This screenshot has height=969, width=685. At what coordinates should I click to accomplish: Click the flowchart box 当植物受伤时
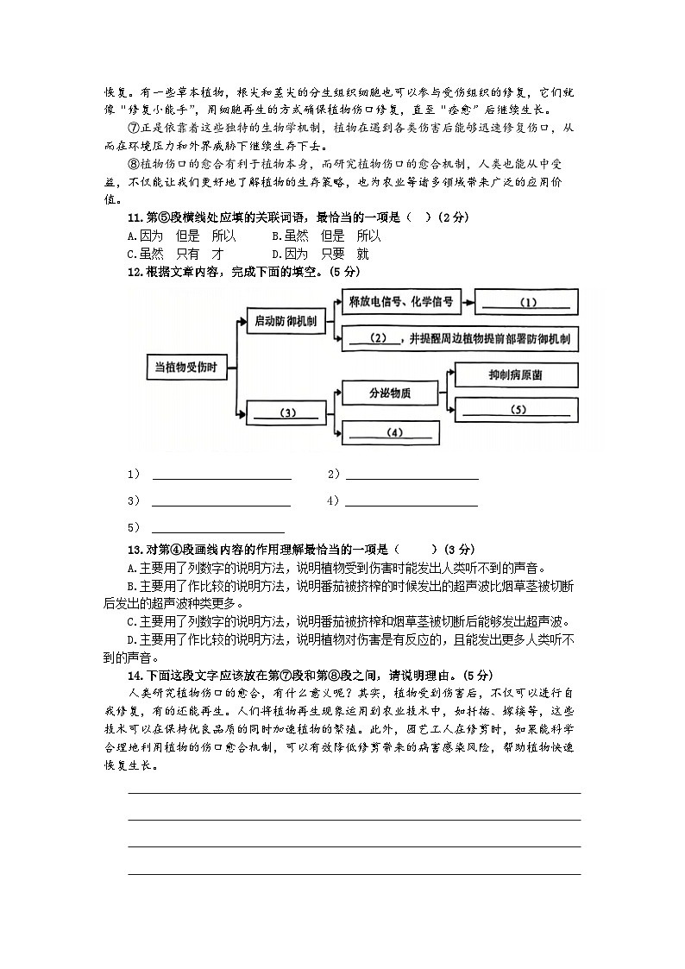pos(185,366)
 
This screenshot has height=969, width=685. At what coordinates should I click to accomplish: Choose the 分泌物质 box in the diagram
pos(389,393)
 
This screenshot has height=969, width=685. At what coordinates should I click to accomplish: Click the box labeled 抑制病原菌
pos(515,375)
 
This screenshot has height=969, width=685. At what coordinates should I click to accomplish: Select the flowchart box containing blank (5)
pos(516,410)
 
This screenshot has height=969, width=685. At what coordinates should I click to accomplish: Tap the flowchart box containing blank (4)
pos(395,432)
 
